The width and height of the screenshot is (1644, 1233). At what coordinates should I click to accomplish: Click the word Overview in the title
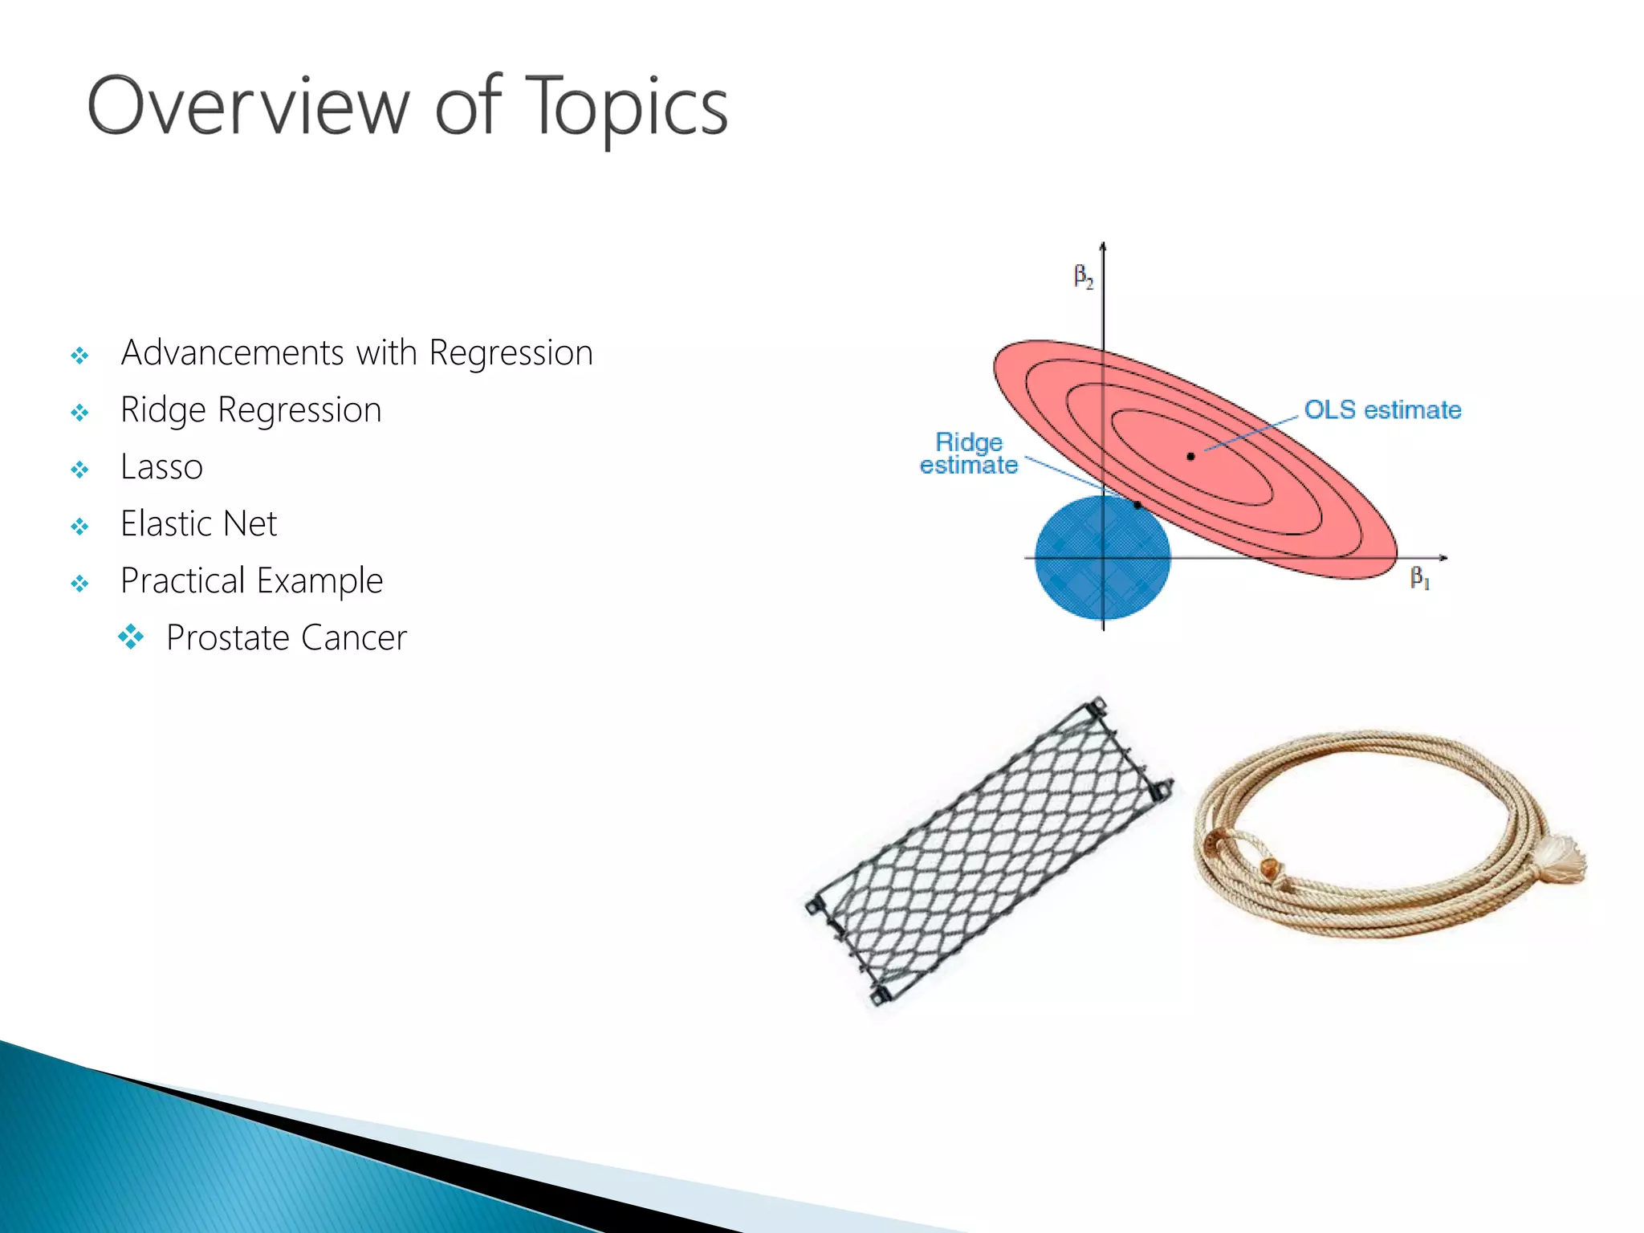coord(248,107)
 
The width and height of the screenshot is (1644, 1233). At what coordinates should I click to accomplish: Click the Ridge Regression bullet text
coord(250,410)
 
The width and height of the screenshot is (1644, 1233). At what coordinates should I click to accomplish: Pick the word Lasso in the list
coord(161,467)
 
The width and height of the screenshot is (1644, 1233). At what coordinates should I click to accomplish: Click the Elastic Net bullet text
coord(198,524)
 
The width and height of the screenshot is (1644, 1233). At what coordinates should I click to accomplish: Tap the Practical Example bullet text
coord(251,581)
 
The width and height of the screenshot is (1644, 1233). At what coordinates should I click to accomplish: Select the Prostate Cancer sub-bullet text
coord(286,638)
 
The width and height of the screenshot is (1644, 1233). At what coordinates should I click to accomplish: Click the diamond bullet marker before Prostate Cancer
coord(131,637)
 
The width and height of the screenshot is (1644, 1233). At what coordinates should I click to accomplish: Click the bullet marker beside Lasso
coord(79,470)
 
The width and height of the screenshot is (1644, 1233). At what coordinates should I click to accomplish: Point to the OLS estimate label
coord(1382,410)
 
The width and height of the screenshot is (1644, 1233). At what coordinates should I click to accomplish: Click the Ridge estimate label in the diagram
coord(969,454)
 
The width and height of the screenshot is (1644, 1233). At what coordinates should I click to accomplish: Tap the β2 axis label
coord(1083,277)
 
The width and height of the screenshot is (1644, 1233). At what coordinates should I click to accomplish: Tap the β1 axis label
coord(1419,578)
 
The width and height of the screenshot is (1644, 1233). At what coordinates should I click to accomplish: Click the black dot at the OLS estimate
coord(1190,457)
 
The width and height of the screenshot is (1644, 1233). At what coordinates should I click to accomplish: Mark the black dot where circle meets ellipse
coord(1137,505)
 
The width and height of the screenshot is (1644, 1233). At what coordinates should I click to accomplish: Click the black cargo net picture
coord(990,851)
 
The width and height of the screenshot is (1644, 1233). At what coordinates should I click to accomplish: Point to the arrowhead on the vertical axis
coord(1103,246)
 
